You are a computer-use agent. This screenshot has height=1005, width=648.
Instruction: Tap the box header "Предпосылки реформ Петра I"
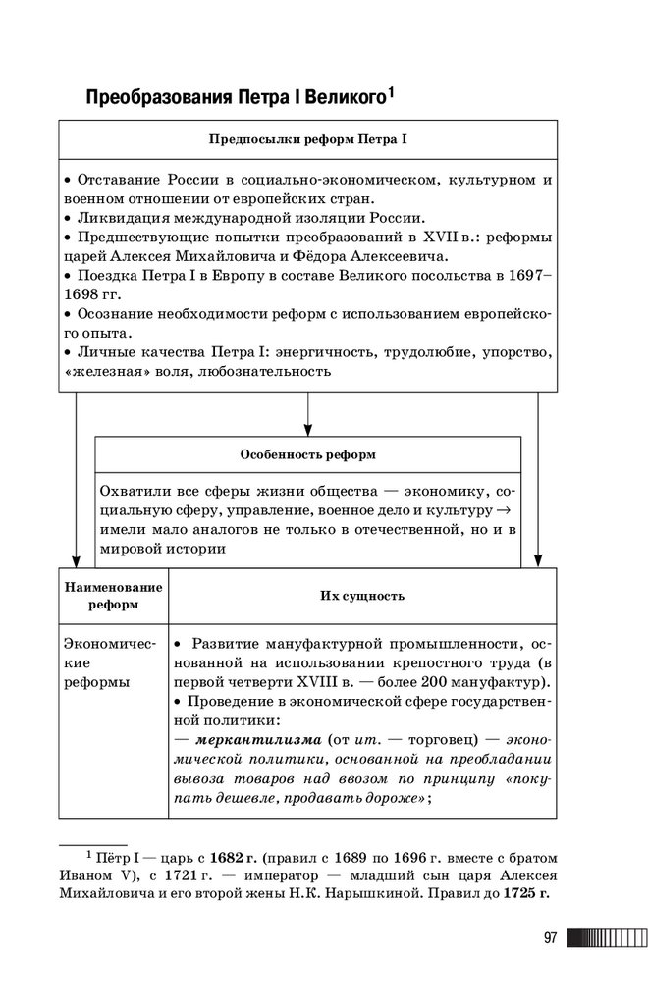[307, 139]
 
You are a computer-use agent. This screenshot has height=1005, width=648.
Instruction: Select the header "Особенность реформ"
[307, 454]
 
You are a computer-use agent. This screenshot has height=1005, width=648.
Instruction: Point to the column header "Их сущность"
[361, 596]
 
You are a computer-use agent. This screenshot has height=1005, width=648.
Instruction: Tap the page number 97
[550, 938]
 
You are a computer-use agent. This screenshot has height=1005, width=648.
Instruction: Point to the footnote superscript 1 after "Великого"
[390, 91]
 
